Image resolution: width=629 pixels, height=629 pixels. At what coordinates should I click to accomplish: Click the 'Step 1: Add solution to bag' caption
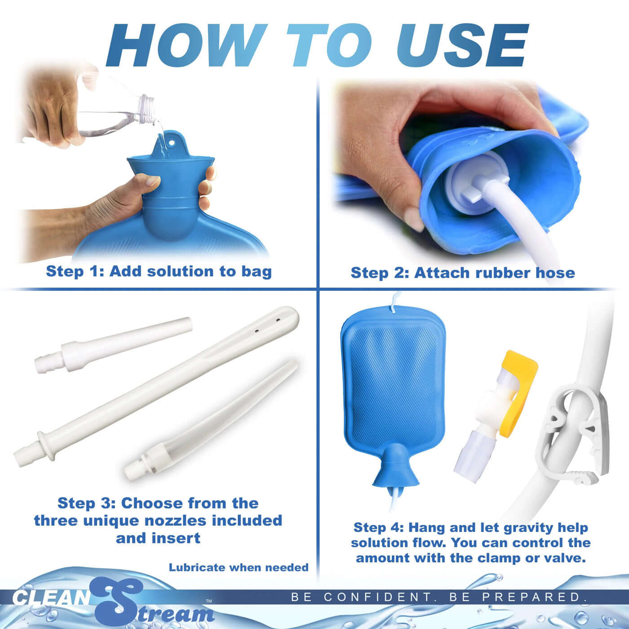pos(159,271)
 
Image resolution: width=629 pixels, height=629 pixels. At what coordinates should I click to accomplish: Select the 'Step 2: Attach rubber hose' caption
pos(462,272)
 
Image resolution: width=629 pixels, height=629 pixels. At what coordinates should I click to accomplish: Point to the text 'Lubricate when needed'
pos(239,567)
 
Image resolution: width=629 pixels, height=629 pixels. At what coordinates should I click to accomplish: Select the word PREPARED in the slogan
pos(535,597)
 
